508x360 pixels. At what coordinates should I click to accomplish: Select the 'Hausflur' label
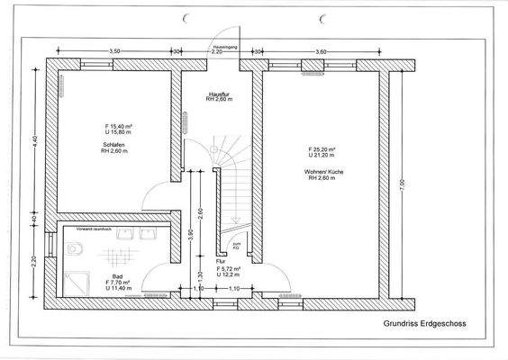pos(217,94)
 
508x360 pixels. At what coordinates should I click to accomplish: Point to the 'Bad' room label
pos(117,276)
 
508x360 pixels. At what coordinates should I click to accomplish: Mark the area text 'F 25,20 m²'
pos(321,148)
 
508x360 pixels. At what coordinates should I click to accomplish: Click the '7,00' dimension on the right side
pos(402,184)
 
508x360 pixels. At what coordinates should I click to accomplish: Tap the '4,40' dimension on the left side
pos(34,142)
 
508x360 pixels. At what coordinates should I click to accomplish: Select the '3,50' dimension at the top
pos(114,51)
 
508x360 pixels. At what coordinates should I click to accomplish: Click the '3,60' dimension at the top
pos(322,51)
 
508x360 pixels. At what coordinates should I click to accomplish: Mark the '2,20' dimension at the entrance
pos(217,52)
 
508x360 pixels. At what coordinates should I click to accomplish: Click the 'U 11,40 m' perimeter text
pos(120,289)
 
